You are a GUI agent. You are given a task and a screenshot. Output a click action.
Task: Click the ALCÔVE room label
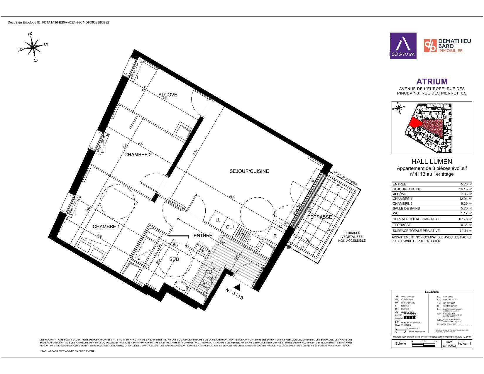click(168, 95)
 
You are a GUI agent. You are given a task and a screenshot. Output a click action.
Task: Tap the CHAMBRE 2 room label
click(138, 155)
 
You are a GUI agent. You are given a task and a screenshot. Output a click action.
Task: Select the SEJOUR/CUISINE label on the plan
click(249, 171)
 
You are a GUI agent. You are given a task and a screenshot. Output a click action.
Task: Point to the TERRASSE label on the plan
click(320, 217)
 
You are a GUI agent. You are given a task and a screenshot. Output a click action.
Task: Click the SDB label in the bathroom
click(174, 259)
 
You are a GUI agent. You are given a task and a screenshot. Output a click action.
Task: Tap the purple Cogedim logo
click(403, 46)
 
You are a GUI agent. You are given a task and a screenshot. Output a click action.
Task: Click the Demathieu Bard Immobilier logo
click(447, 46)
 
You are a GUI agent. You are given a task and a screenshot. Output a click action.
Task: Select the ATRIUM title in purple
click(432, 82)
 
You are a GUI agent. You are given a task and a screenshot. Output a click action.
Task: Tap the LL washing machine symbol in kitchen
click(218, 220)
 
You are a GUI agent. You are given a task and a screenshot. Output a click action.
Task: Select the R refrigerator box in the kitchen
click(275, 236)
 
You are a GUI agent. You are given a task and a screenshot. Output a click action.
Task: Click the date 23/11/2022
click(449, 346)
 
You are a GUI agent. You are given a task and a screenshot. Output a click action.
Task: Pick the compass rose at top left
click(34, 46)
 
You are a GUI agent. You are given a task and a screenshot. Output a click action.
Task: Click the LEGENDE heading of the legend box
click(432, 292)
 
